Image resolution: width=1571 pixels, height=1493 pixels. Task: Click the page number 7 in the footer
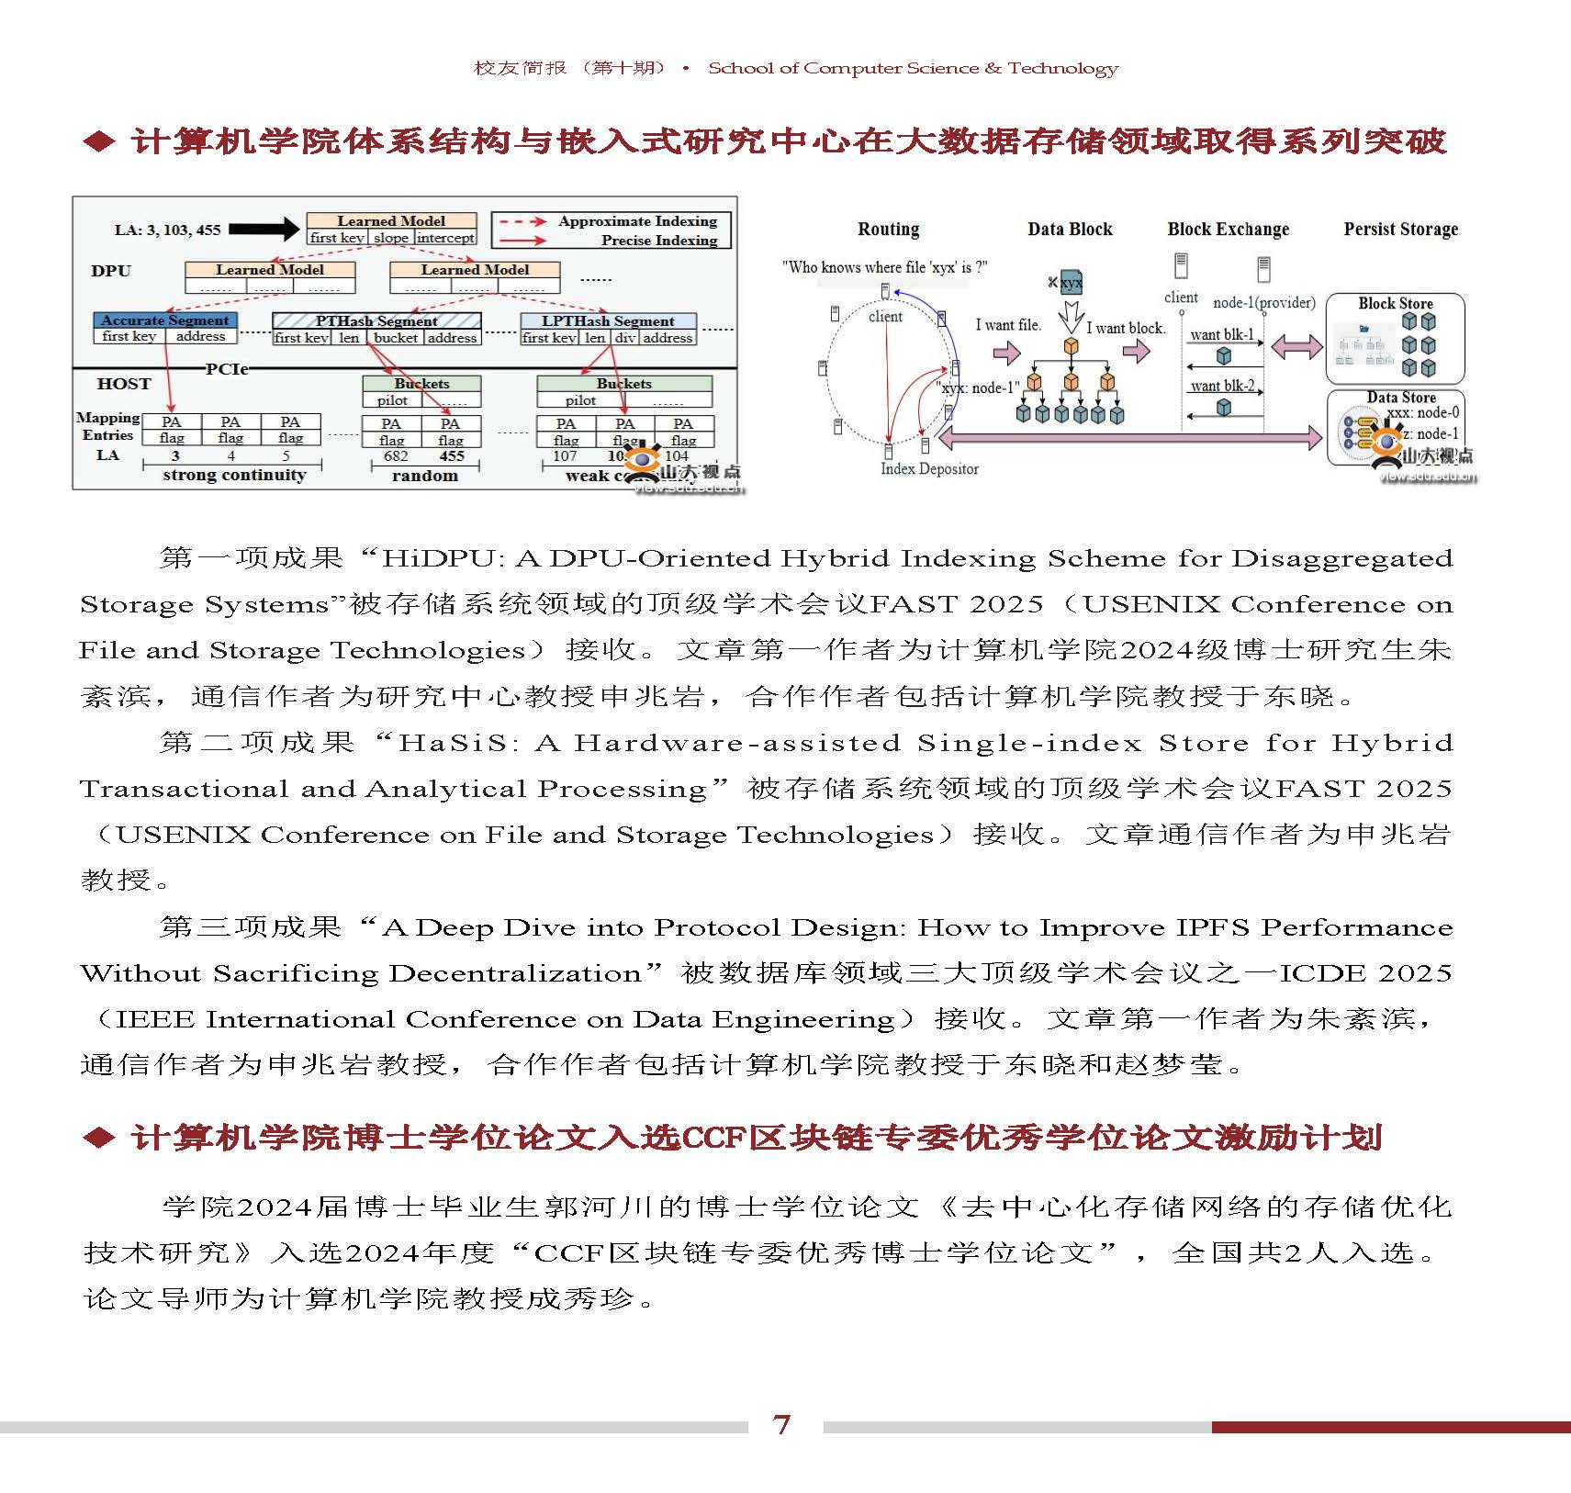781,1424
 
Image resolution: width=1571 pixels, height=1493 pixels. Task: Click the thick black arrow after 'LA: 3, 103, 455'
264,230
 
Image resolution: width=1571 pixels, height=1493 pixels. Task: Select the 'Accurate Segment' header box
165,320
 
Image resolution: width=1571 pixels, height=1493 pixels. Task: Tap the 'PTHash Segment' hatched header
376,320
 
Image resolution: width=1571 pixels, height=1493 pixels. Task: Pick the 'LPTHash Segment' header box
608,321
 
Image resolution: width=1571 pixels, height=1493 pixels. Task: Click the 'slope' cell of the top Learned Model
391,238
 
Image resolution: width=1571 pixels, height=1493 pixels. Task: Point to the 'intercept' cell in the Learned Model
445,238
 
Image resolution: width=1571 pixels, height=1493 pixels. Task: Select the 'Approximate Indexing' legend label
637,221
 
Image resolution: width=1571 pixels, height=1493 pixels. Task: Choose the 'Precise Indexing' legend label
659,241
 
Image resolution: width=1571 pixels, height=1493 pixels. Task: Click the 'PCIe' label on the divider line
227,369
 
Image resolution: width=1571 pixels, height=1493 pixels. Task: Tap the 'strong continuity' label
234,475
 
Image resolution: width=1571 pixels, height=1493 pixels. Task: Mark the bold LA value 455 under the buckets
452,456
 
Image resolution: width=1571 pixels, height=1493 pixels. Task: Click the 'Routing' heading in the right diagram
888,230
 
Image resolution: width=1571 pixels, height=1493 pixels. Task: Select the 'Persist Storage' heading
1400,230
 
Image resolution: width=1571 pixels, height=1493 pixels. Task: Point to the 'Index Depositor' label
929,469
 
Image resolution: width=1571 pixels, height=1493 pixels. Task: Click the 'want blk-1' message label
1221,335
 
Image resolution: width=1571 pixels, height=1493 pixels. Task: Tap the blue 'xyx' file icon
1071,283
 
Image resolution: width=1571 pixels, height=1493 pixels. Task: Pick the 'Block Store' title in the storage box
1395,304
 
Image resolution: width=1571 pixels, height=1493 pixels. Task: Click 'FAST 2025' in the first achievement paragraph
956,604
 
